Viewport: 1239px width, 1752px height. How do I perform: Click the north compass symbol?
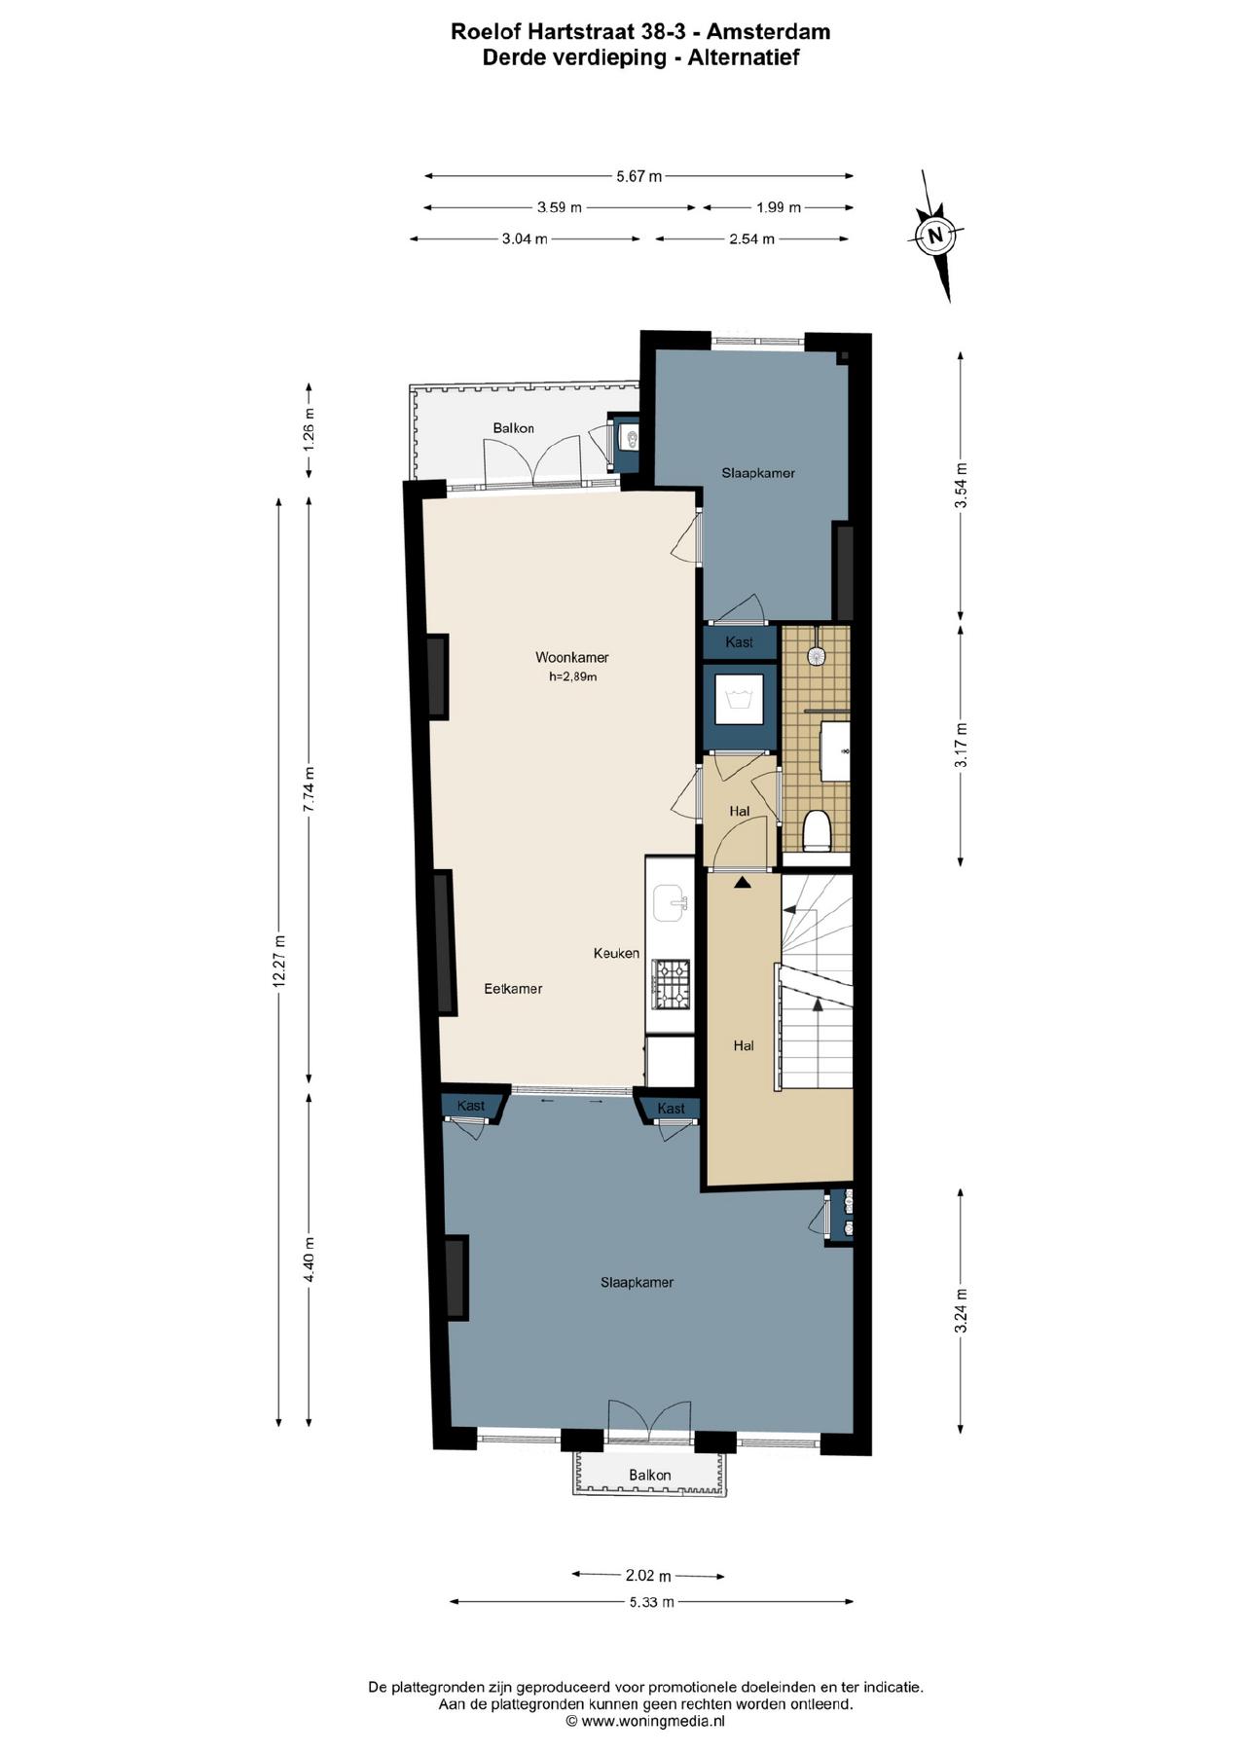point(935,235)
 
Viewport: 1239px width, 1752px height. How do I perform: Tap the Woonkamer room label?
point(572,657)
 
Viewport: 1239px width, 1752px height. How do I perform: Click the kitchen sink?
point(671,903)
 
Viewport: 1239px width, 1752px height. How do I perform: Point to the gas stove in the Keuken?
point(671,983)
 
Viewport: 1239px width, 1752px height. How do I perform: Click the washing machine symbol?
point(740,699)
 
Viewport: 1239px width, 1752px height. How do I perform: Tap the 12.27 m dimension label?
point(279,962)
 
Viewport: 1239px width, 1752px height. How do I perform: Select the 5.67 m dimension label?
point(638,176)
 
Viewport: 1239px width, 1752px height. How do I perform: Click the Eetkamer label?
point(513,989)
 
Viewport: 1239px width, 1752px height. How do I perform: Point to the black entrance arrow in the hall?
point(743,882)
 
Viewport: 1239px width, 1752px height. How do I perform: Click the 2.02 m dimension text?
point(648,1575)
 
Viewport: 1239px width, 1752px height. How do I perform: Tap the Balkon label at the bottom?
point(649,1475)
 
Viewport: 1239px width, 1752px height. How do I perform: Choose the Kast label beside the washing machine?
point(739,642)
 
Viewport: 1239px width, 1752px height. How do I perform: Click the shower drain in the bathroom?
point(815,656)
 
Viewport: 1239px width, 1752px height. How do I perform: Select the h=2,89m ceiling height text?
point(572,676)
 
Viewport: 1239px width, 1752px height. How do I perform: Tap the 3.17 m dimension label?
point(961,746)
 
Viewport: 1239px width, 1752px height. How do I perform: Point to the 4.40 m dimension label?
point(310,1259)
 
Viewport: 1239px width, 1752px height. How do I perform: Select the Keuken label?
point(616,953)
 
